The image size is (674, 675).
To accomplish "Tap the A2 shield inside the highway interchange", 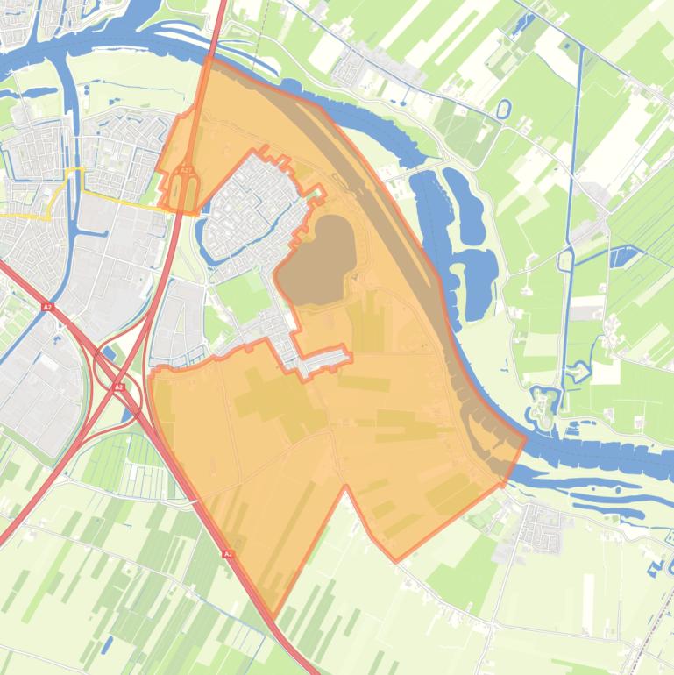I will (118, 386).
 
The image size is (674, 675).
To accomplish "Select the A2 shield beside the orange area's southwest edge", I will (228, 554).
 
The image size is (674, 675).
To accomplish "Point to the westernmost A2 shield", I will (47, 307).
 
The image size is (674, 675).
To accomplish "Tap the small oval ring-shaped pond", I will (503, 110).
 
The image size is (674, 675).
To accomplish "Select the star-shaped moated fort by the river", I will (544, 407).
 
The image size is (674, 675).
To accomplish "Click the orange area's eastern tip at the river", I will (524, 439).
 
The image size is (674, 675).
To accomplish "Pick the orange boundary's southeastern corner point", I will (396, 560).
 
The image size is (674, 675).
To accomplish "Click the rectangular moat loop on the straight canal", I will (567, 260).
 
